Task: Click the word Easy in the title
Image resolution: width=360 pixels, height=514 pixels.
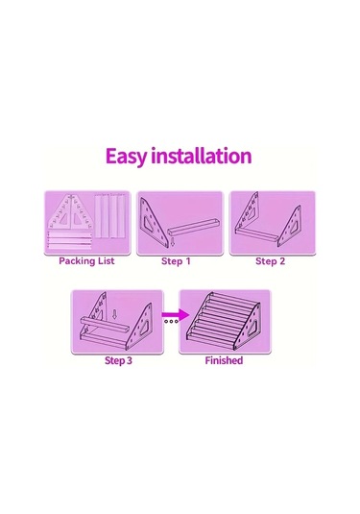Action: click(126, 157)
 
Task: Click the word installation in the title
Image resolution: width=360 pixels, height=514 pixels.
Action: click(201, 156)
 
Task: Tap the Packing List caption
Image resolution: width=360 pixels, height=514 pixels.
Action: click(86, 261)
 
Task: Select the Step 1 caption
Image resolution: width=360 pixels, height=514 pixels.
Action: click(176, 261)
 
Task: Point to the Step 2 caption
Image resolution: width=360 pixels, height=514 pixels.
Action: click(271, 261)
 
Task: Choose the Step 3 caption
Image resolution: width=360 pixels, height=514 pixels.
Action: click(118, 360)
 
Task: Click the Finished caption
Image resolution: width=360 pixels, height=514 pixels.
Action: click(224, 360)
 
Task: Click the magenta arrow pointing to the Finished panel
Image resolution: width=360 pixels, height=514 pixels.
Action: click(176, 315)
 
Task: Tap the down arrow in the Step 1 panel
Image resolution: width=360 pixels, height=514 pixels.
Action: click(172, 242)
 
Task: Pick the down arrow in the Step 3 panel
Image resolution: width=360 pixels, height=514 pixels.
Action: click(114, 314)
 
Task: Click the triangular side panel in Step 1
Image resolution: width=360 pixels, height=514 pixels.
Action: click(152, 222)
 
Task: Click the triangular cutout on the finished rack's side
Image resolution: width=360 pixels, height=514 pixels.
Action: click(253, 329)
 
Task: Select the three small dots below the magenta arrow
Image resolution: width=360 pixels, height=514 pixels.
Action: click(171, 321)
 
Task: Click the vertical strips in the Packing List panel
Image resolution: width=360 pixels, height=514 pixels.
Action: click(110, 216)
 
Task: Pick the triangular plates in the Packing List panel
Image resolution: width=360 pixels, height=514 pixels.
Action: click(71, 213)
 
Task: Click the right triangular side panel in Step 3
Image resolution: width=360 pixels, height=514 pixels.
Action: click(140, 325)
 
